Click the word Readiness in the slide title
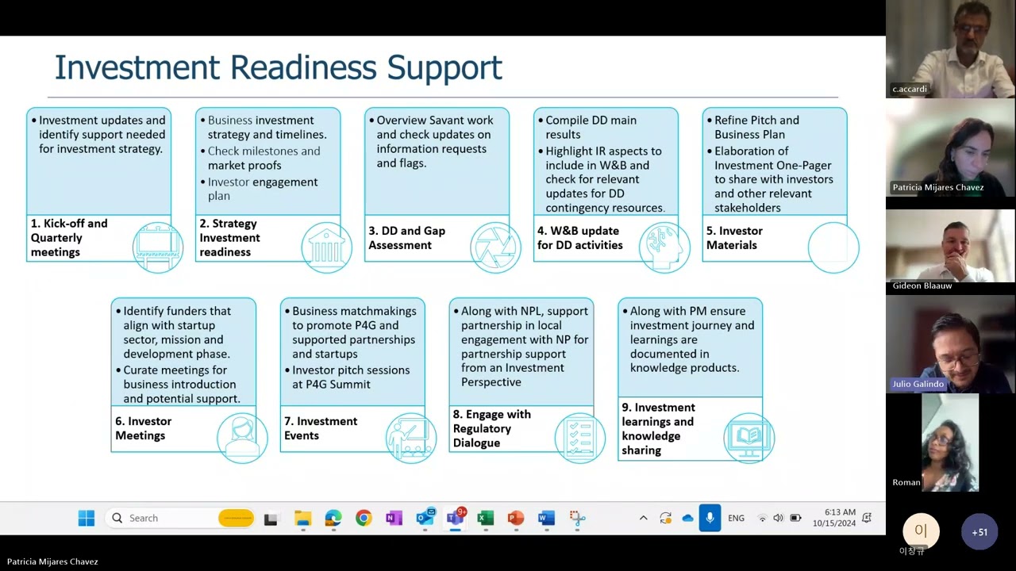point(303,67)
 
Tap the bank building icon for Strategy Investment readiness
point(326,247)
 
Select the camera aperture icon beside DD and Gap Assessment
point(495,247)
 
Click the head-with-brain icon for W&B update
point(664,247)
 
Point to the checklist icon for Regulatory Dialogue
point(580,438)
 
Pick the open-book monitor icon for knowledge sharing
point(749,438)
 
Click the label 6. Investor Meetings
point(144,428)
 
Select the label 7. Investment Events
point(321,428)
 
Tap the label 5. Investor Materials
point(734,238)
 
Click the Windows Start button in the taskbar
point(87,518)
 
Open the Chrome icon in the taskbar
point(364,518)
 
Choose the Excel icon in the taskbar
point(485,518)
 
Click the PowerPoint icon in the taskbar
point(516,518)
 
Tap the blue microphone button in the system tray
point(710,518)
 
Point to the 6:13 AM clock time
point(840,512)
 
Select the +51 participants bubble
point(979,532)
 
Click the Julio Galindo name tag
point(918,384)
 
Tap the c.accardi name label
point(910,89)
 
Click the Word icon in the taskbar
point(546,518)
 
